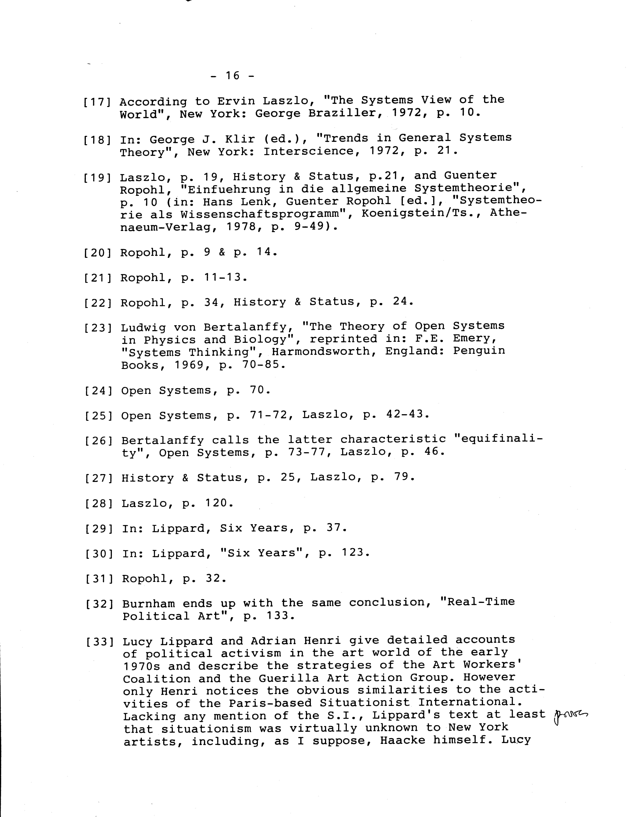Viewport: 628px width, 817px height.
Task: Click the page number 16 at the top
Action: [232, 76]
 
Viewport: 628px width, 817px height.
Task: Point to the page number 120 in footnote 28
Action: [216, 503]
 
